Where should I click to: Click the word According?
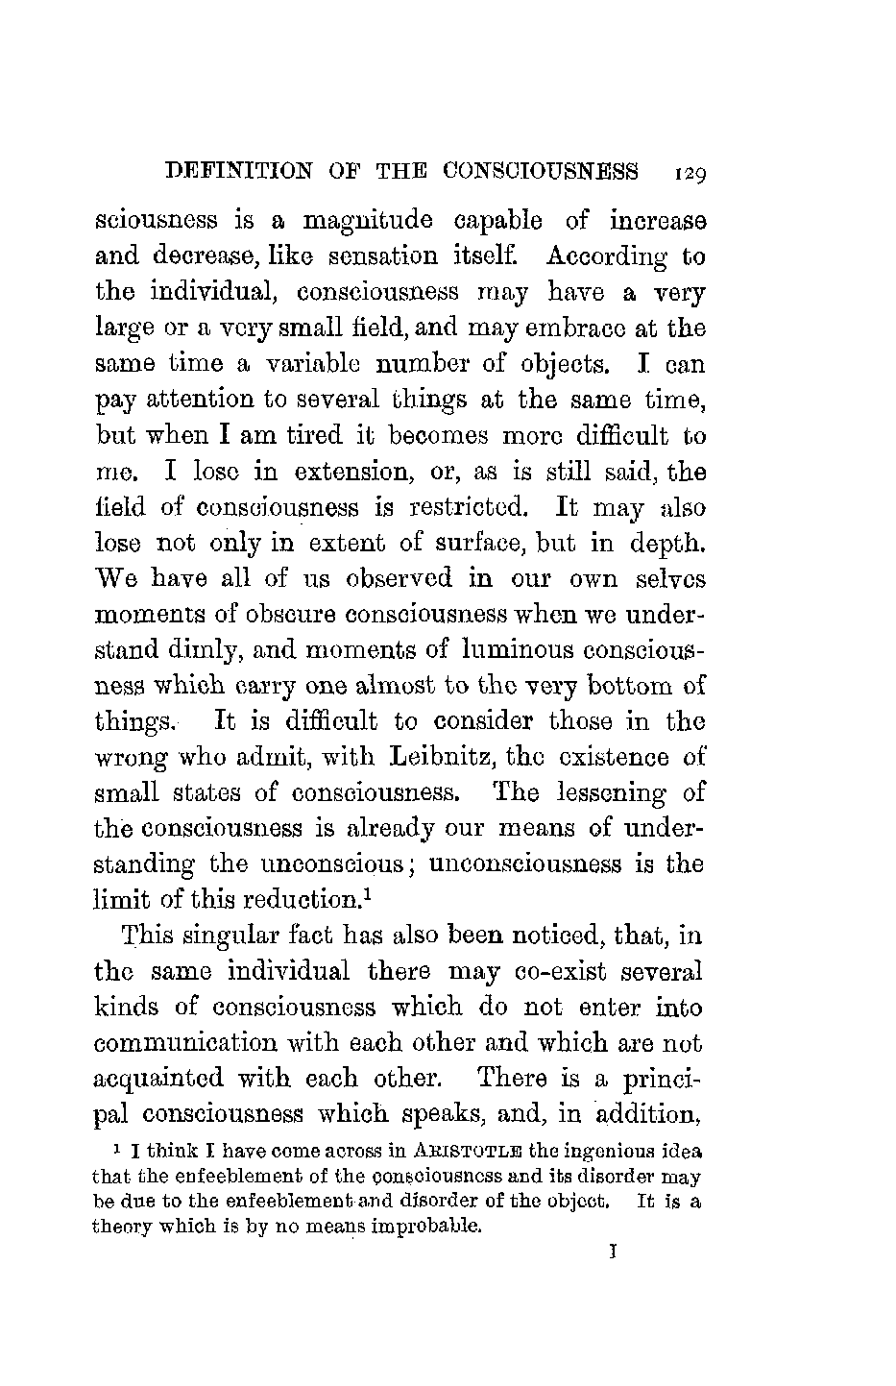pos(607,257)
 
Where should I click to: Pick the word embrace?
pos(574,328)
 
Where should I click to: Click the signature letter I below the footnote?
pos(612,1252)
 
